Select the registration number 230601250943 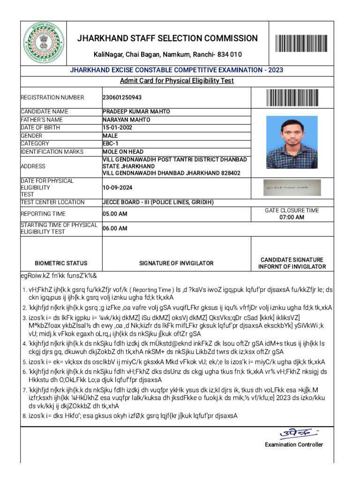coord(122,97)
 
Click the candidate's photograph coord(292,142)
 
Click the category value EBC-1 coord(111,143)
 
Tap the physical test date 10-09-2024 coord(118,187)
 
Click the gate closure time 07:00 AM coord(292,217)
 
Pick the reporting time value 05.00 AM coord(115,214)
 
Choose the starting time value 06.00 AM coord(115,229)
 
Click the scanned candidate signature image coord(292,187)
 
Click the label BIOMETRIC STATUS coord(61,263)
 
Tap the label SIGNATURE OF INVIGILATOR coord(176,263)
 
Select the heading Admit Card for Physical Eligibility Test coord(176,81)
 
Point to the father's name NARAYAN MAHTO coord(127,120)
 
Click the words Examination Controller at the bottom coord(293,444)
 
